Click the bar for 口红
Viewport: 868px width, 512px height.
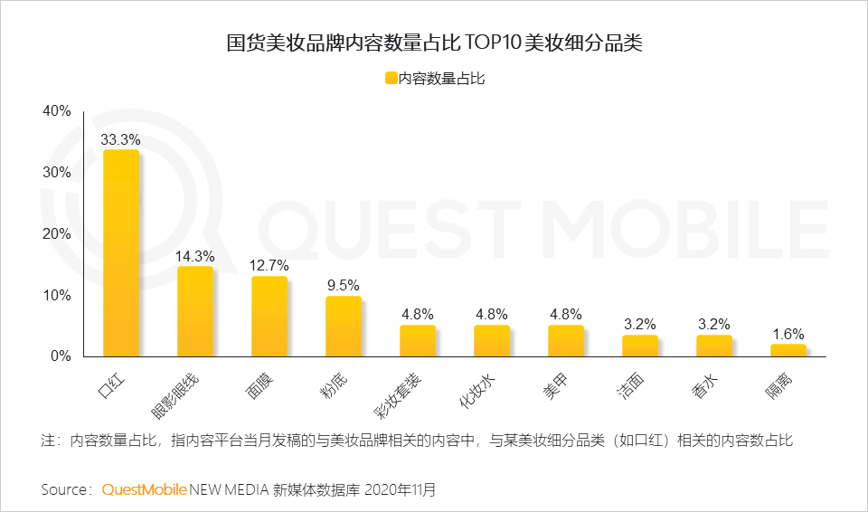pos(121,253)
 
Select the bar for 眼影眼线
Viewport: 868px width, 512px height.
pos(195,311)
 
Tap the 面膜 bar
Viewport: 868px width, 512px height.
pos(269,317)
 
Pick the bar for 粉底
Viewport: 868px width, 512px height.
pos(344,327)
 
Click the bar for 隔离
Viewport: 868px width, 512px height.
pos(788,350)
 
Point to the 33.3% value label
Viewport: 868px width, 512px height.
pos(120,140)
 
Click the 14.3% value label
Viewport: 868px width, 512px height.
pos(194,256)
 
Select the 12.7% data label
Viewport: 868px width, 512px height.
pos(269,266)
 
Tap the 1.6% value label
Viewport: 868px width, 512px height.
pos(788,334)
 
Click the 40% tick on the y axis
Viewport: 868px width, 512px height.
pos(56,111)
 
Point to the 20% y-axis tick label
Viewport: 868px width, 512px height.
pos(56,234)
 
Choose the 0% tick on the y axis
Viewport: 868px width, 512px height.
pos(61,356)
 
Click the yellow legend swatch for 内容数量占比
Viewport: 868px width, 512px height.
pos(391,79)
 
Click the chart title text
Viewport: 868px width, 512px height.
pos(433,43)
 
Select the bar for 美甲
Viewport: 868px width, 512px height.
pos(566,341)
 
